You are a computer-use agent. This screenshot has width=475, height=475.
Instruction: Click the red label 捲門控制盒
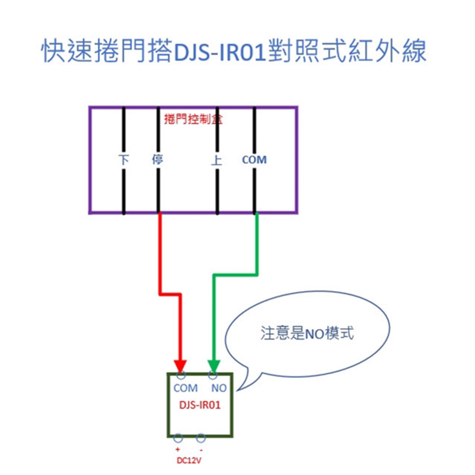pos(192,119)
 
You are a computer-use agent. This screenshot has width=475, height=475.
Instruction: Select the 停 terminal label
pos(158,160)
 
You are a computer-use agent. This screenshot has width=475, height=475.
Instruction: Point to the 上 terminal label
pos(217,160)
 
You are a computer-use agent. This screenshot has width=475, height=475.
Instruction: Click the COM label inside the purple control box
pos(254,160)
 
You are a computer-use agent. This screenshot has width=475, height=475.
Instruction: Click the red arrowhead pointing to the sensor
pos(180,367)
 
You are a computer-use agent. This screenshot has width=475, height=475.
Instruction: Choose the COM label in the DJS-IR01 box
pos(186,388)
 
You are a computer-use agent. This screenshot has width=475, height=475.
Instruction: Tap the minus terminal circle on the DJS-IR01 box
pos(201,438)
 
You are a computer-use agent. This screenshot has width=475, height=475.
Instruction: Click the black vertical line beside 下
pos(123,188)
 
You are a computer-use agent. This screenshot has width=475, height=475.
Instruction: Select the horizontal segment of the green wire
pos(235,274)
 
